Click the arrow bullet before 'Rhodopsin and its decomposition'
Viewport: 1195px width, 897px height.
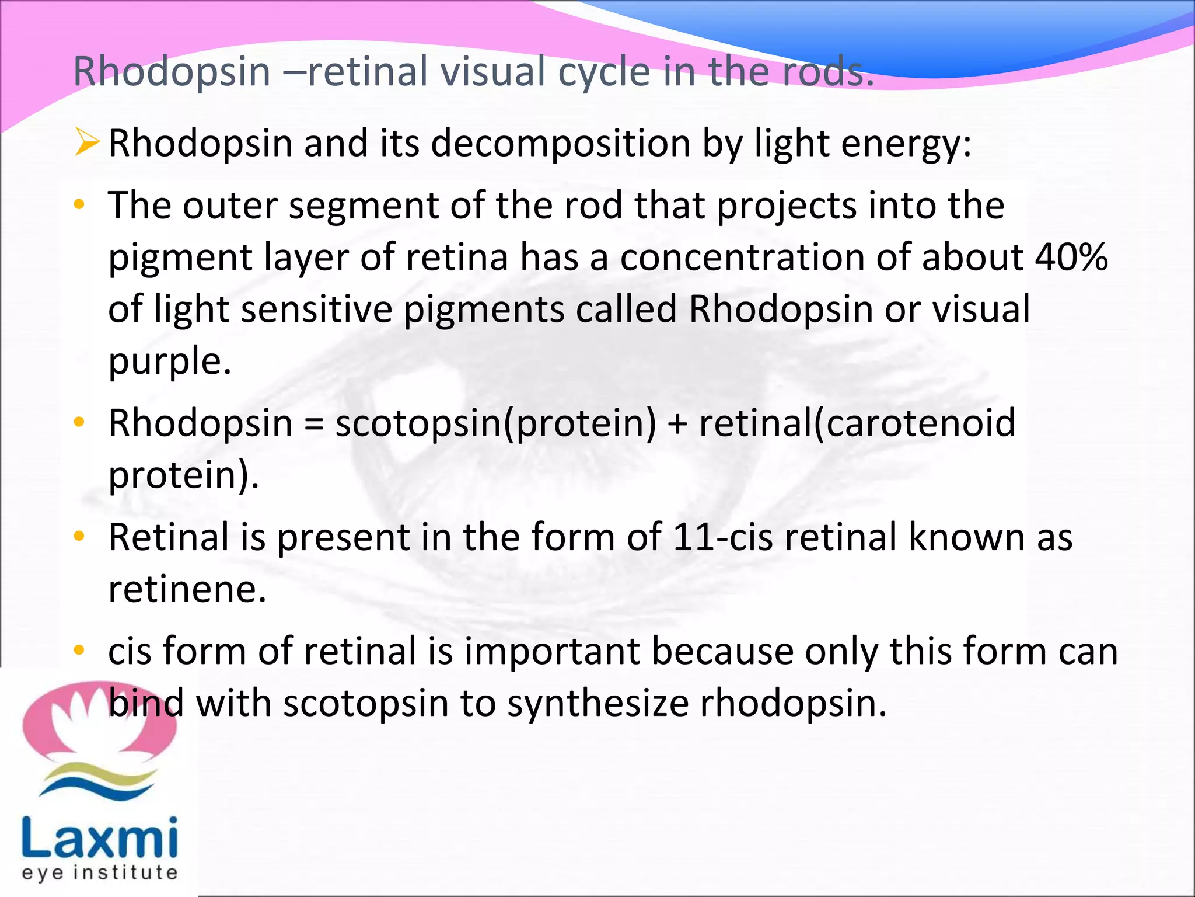[86, 143]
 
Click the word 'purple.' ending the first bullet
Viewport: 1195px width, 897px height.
[170, 361]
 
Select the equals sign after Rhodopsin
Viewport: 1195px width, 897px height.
[314, 423]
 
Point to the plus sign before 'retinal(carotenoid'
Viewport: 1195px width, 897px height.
[677, 423]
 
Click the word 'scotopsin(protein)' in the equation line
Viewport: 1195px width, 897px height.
[495, 423]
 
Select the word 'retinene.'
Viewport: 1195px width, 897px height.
[187, 589]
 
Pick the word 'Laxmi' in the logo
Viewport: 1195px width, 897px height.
[100, 838]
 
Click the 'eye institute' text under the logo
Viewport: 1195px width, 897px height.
[100, 873]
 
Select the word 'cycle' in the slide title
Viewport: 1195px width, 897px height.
[604, 71]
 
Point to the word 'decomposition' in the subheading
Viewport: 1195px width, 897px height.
[560, 143]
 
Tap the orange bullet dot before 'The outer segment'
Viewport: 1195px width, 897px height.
[79, 205]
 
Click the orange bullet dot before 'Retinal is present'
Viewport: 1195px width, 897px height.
[79, 536]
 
